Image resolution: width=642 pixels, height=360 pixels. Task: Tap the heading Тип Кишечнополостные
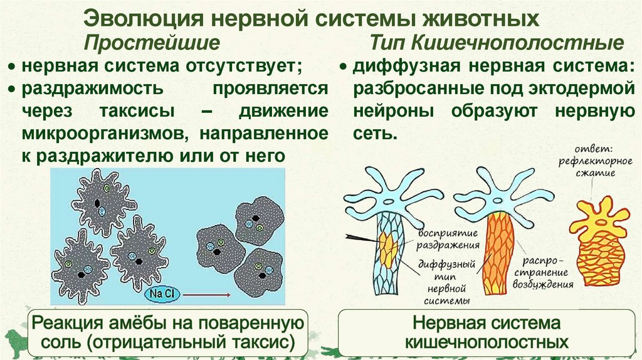(x=497, y=43)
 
